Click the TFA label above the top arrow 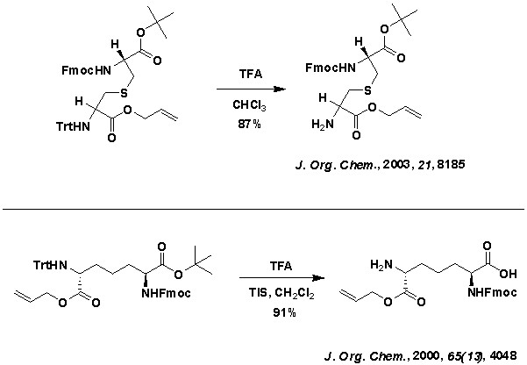[x=248, y=76]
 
